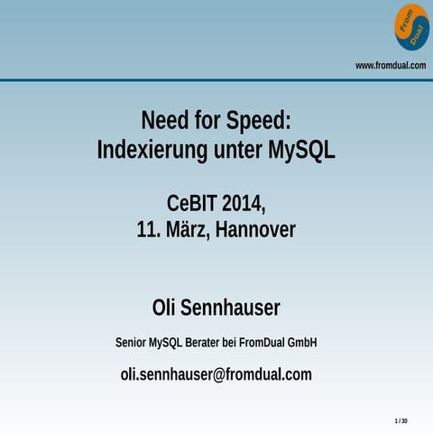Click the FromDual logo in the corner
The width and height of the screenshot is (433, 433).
click(411, 27)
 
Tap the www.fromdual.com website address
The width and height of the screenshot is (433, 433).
click(390, 65)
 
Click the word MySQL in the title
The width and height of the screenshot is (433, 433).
click(301, 150)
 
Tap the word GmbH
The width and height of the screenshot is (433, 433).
click(301, 343)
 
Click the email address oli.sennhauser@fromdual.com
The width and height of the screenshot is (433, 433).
click(216, 374)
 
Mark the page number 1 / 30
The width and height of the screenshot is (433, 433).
click(401, 421)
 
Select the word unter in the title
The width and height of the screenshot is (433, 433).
click(238, 150)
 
